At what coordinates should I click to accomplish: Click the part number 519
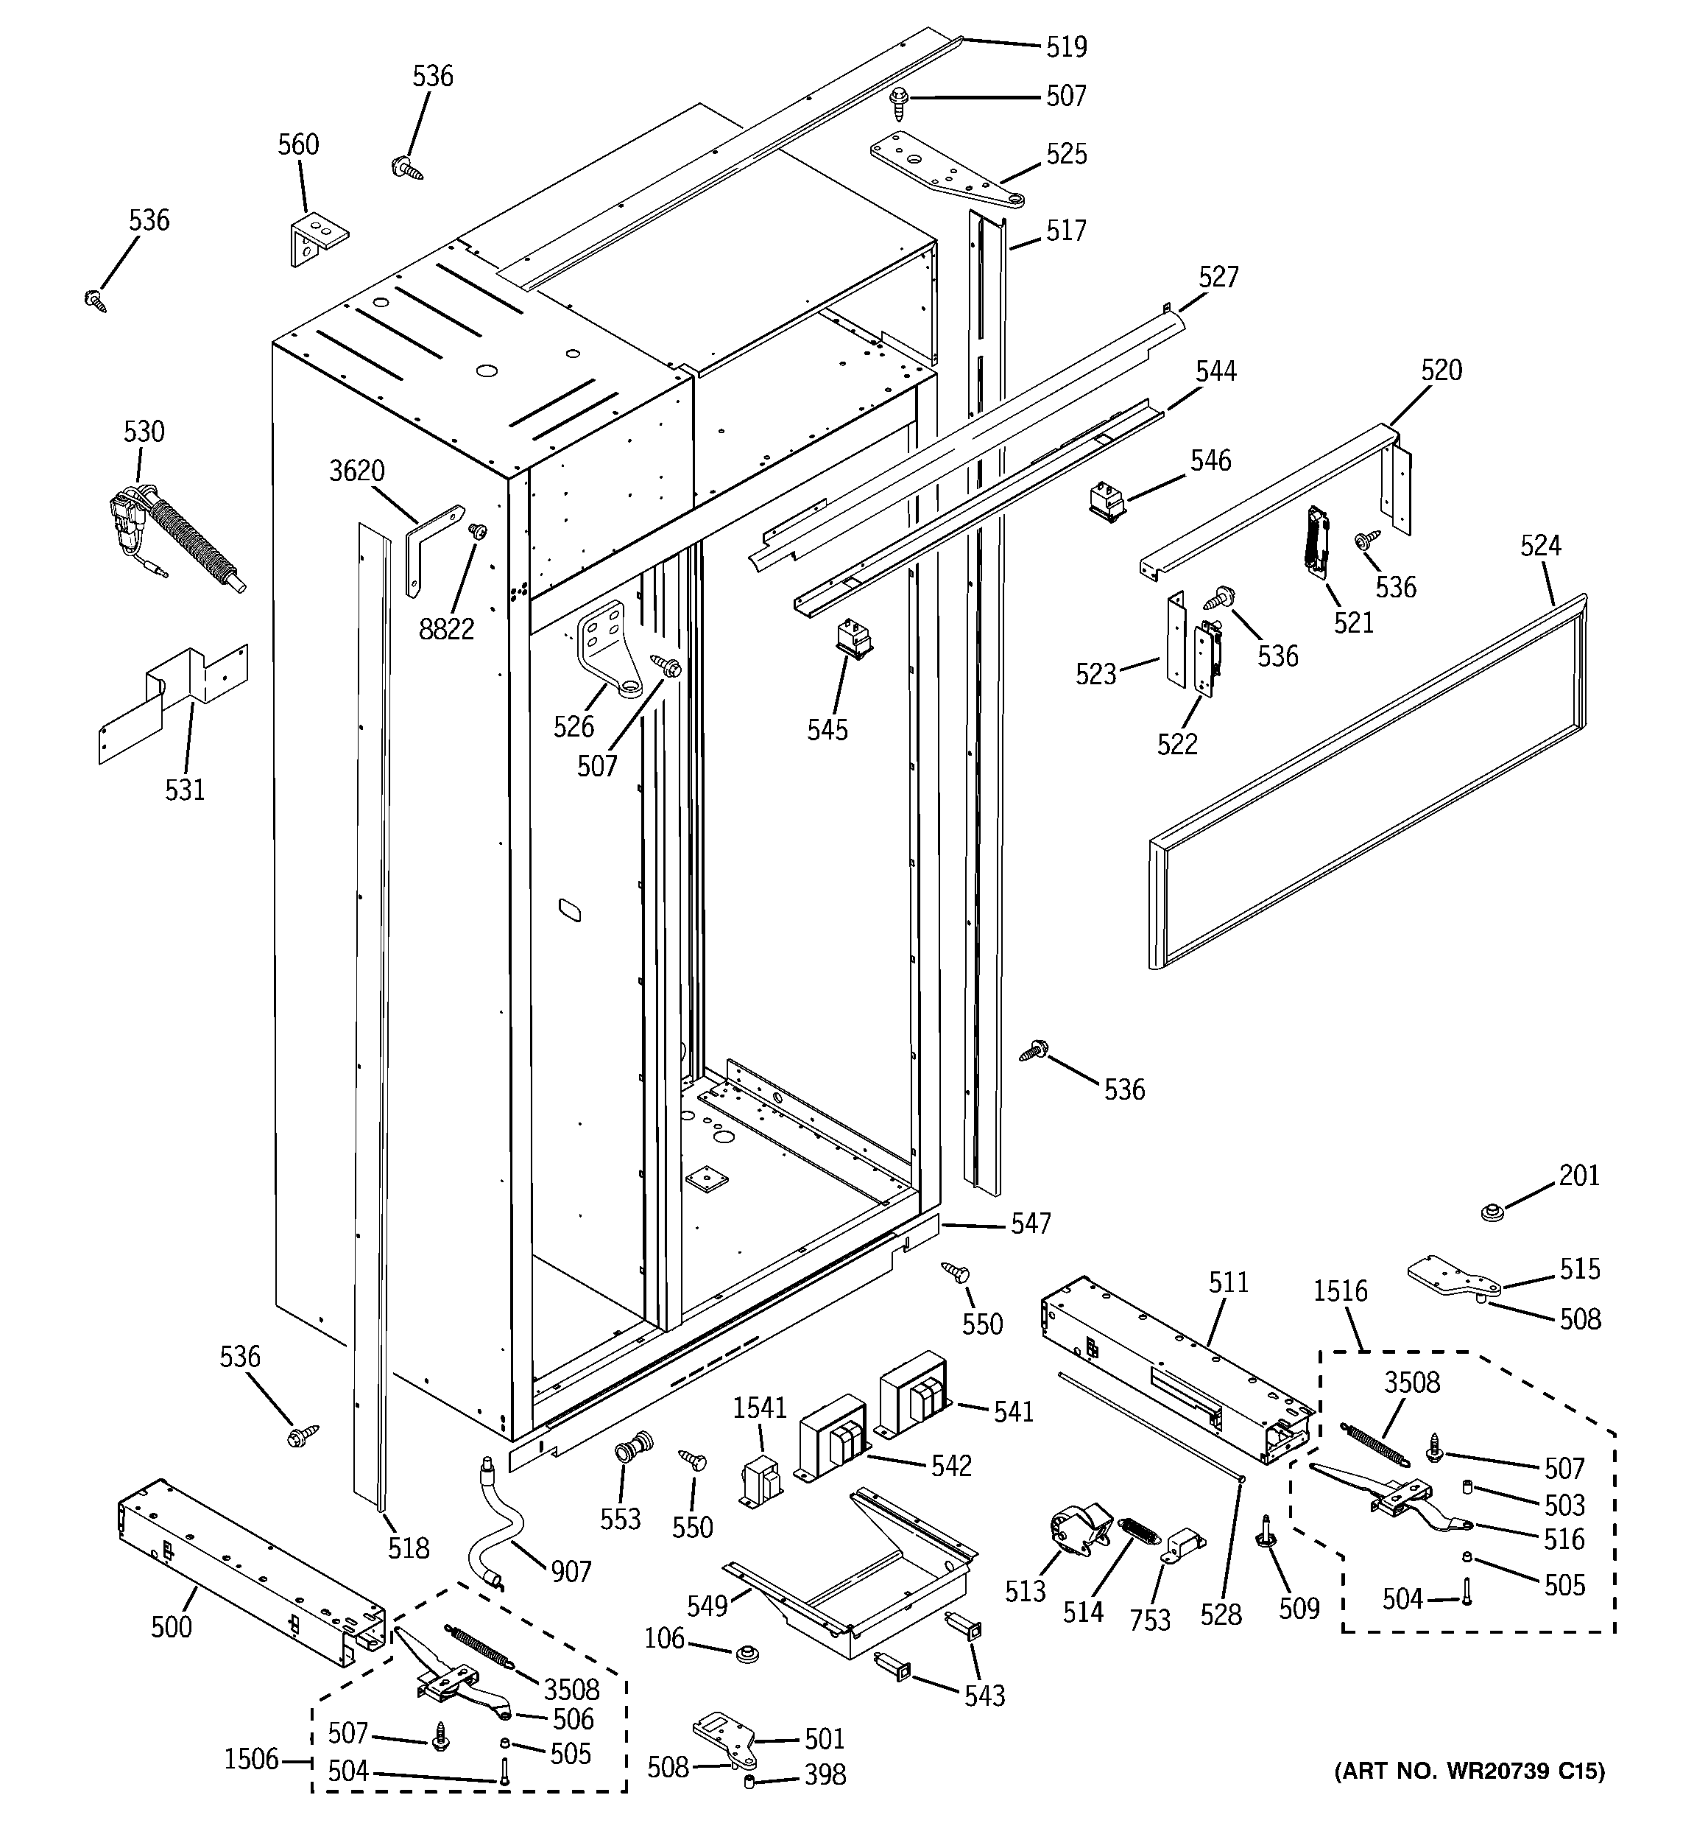[x=1066, y=46]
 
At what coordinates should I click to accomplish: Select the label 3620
[x=356, y=471]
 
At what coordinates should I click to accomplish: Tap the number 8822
[x=446, y=629]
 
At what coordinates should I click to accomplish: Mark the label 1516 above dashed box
[x=1339, y=1291]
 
